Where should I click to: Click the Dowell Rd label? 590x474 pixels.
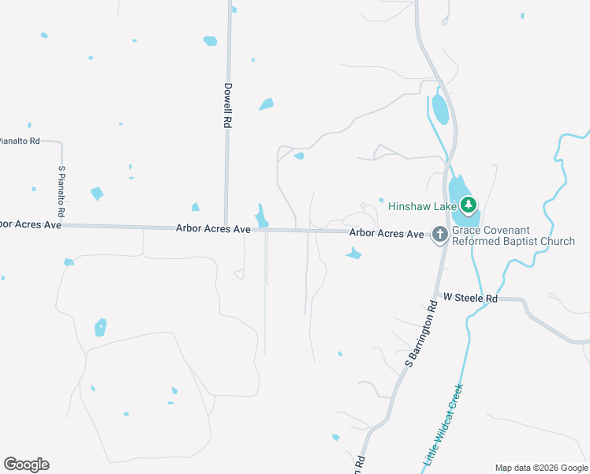click(227, 106)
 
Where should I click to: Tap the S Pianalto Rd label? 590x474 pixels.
click(61, 191)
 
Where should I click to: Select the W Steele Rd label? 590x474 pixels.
click(471, 298)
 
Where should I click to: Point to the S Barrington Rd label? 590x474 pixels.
click(421, 332)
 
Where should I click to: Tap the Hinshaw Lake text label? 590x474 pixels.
click(422, 206)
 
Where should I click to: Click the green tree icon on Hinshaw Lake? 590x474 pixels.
click(469, 205)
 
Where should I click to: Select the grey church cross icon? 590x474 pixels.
click(440, 234)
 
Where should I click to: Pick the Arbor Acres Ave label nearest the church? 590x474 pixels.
click(386, 233)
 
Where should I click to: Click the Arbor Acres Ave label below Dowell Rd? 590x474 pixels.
click(213, 228)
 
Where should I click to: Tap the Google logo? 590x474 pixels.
click(26, 465)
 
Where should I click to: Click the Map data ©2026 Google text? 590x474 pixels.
click(541, 468)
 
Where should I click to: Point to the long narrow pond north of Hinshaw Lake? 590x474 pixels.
click(440, 110)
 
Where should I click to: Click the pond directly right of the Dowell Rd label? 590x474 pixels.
click(266, 103)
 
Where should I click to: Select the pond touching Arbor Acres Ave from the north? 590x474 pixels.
click(262, 215)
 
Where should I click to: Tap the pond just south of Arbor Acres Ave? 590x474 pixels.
click(353, 254)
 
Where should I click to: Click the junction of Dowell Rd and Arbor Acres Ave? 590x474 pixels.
click(226, 227)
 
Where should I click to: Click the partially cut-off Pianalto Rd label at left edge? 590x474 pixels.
click(19, 141)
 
